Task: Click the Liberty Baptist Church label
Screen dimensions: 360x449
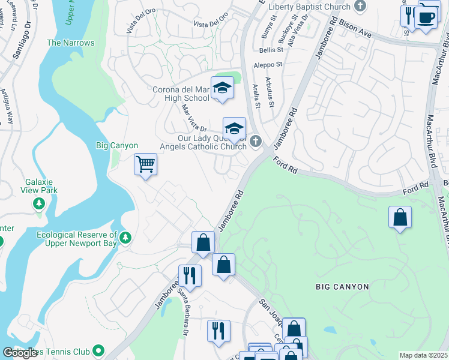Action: pyautogui.click(x=309, y=7)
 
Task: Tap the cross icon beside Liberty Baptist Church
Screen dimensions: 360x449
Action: pyautogui.click(x=360, y=7)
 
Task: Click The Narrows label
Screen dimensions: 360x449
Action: pyautogui.click(x=70, y=43)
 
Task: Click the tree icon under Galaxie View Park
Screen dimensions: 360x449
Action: pyautogui.click(x=39, y=204)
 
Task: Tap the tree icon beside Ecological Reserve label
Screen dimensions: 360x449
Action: pyautogui.click(x=125, y=238)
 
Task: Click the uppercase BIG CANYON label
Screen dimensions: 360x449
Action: pyautogui.click(x=342, y=287)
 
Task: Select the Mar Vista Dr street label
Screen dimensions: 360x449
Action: pyautogui.click(x=194, y=118)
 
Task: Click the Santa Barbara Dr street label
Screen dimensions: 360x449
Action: pyautogui.click(x=182, y=313)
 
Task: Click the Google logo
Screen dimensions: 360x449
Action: pyautogui.click(x=20, y=353)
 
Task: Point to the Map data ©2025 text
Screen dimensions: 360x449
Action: pyautogui.click(x=423, y=355)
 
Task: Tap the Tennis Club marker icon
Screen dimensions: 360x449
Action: pyautogui.click(x=99, y=350)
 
